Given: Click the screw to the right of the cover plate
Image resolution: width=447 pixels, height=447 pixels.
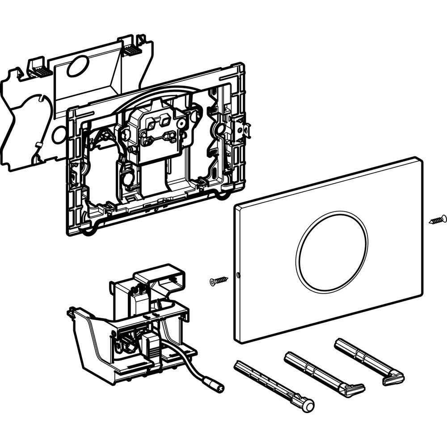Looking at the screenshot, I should (437, 219).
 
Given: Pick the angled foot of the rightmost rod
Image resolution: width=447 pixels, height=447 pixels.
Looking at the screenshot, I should (393, 379).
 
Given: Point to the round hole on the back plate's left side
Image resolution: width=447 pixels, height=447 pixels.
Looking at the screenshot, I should (58, 135).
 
